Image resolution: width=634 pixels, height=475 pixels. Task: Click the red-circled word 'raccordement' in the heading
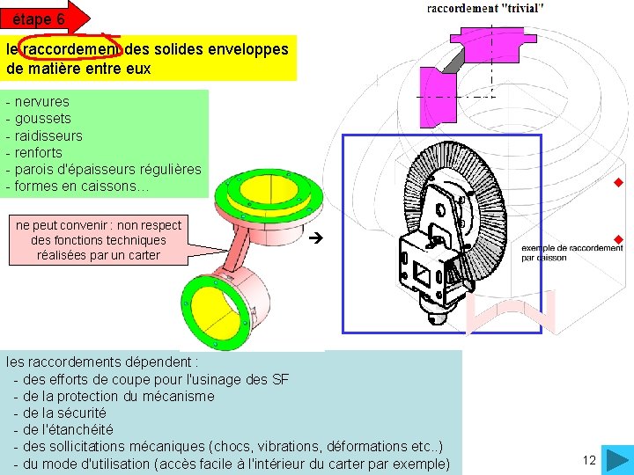72,49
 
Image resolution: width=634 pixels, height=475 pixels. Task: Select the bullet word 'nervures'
42,101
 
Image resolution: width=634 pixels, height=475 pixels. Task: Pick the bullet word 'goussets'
43,118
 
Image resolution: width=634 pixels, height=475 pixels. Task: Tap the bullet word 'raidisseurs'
49,135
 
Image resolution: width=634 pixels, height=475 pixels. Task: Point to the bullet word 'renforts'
39,152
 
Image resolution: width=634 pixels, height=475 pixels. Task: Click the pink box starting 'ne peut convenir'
99,240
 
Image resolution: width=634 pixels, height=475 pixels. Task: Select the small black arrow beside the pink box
320,237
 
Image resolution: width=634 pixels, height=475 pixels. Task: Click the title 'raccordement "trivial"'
485,8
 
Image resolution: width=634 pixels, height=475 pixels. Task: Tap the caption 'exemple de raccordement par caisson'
571,253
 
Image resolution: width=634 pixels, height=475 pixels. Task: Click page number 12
589,460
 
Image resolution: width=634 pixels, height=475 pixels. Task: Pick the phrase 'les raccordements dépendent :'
102,362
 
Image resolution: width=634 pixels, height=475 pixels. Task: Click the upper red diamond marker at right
618,183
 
